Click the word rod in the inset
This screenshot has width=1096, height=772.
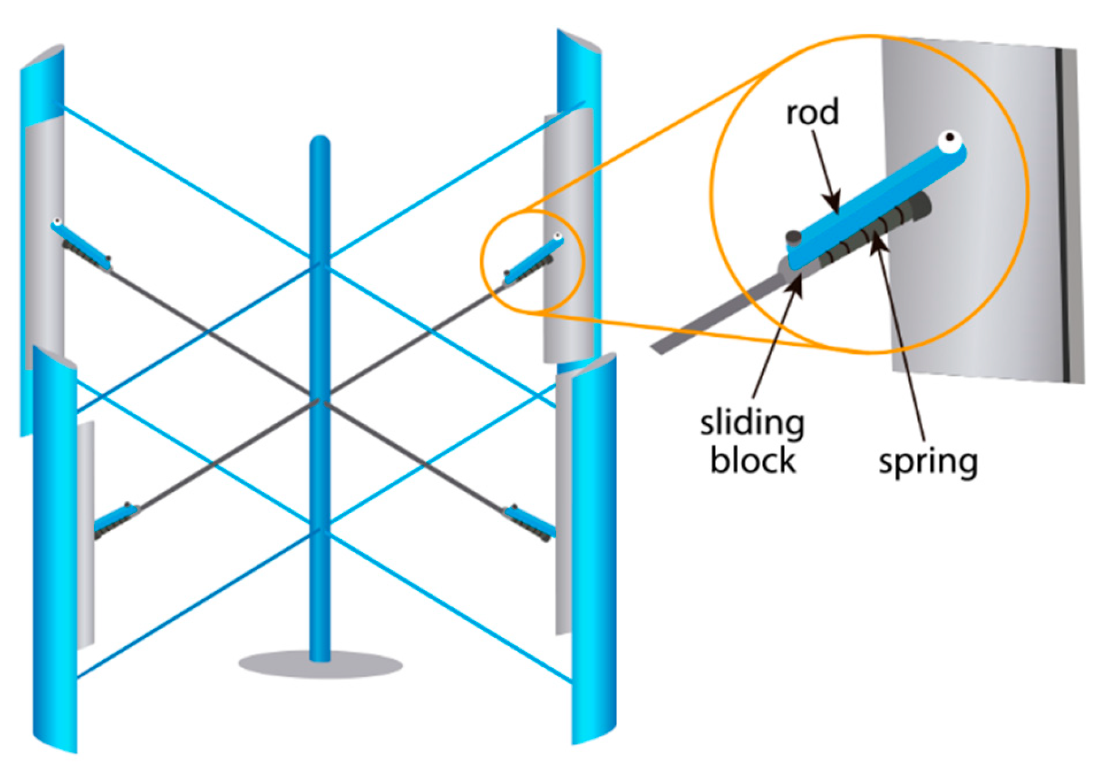pos(811,112)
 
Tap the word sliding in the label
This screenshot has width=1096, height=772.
pos(751,424)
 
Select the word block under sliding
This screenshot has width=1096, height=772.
pos(753,460)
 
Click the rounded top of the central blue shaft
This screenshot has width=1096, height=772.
pos(320,144)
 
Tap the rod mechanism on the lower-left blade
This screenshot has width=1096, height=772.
pos(116,520)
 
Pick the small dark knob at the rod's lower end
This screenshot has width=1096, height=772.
pos(793,236)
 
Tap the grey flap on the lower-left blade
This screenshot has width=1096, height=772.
pos(86,532)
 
